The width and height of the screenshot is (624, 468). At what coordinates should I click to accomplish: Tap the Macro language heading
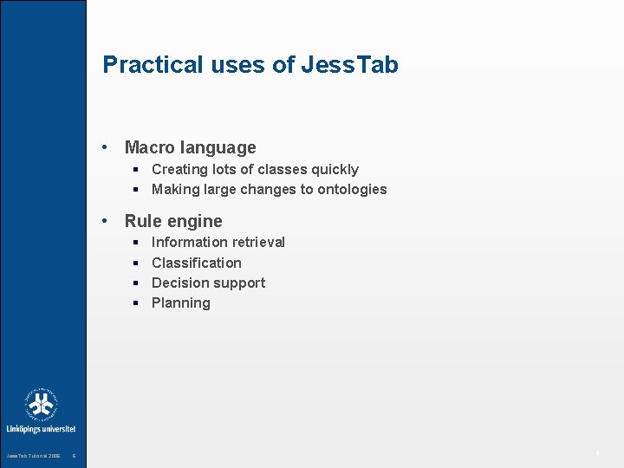click(190, 148)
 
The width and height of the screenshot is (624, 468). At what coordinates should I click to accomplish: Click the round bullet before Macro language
click(105, 148)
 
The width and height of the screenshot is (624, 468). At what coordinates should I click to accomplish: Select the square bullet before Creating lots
click(137, 170)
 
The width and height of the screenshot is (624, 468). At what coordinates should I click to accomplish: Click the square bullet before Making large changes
click(137, 190)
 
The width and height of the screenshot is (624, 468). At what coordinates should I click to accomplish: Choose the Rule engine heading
click(173, 221)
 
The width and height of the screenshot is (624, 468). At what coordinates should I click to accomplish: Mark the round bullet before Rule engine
click(105, 221)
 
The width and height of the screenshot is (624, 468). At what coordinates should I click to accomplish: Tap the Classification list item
click(196, 263)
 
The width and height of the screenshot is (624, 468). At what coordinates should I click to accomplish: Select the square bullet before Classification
click(137, 263)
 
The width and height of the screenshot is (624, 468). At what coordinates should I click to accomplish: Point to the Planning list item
click(180, 303)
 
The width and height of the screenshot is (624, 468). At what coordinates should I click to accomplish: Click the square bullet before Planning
click(137, 303)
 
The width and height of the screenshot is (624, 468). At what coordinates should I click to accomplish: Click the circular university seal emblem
click(42, 405)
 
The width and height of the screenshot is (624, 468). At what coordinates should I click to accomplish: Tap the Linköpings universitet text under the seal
click(42, 429)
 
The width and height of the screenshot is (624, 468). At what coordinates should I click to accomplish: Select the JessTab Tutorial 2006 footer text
click(33, 456)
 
